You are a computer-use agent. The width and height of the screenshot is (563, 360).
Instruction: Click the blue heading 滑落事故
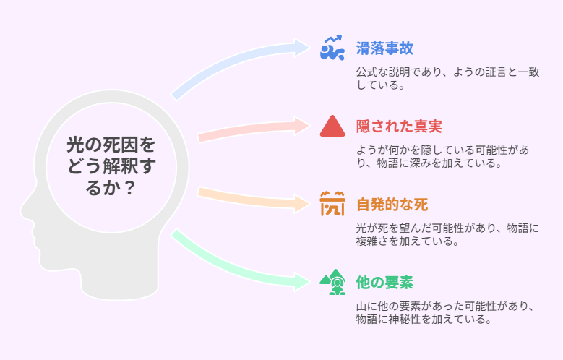coord(384,48)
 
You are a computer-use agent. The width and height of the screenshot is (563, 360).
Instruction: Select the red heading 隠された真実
coord(399,127)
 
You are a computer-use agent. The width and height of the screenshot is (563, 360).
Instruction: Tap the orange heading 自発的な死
coord(392,205)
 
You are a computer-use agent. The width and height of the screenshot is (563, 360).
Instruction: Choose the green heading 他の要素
coord(384,283)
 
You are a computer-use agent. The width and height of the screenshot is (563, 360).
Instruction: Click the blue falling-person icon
coord(332,48)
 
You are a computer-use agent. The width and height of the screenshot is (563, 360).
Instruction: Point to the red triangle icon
coord(332,126)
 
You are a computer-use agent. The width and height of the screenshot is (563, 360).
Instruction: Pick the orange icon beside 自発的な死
coord(332,204)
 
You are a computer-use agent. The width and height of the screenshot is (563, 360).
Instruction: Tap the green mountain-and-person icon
coord(332,282)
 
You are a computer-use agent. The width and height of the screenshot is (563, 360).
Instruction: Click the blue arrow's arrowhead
coord(301,48)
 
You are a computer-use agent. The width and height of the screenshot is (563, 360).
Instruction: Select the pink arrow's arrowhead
coord(301,126)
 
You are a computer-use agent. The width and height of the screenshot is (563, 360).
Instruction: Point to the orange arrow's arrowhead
coord(301,204)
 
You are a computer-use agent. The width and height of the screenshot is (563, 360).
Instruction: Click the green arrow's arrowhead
coord(301,282)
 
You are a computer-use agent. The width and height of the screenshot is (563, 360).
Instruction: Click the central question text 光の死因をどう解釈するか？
coord(111,166)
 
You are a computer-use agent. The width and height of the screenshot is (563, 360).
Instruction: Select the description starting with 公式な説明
coord(448,78)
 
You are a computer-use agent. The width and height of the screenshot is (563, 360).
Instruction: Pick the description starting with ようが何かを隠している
coord(442,156)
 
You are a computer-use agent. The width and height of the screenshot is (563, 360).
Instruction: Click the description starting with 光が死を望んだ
coord(447,234)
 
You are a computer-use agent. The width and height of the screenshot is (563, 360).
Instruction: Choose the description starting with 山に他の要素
coord(445,312)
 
